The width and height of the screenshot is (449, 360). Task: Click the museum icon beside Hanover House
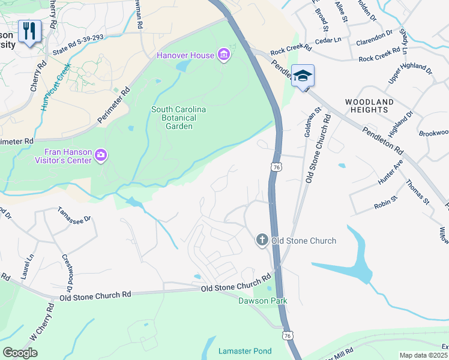224,56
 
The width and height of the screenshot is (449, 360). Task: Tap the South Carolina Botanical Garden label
179,118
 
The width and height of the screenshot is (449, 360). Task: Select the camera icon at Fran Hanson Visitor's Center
101,157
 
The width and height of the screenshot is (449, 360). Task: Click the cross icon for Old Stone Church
262,241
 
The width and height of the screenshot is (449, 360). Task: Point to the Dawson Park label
262,301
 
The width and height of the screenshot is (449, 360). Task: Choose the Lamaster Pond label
245,351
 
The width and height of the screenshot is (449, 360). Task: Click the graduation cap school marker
303,76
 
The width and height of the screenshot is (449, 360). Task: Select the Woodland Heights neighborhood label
370,106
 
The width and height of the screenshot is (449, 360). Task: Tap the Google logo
20,353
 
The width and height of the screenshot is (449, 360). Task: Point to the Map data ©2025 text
423,355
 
